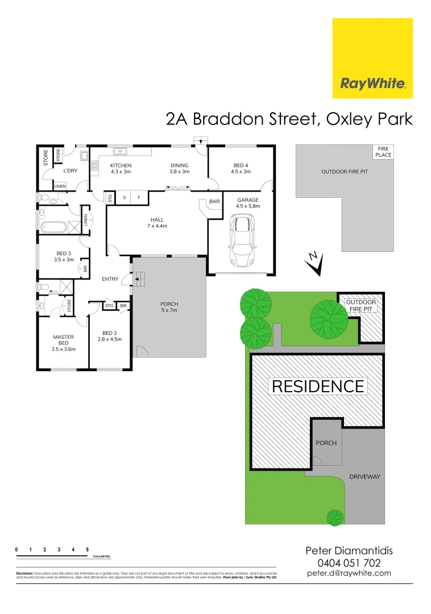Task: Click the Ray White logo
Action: tap(372, 59)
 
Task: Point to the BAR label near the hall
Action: tap(214, 202)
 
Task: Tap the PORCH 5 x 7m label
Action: tap(169, 308)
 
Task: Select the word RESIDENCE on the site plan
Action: tap(318, 387)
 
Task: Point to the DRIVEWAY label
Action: tap(364, 477)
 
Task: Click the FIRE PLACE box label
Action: tap(382, 152)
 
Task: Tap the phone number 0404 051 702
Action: tap(349, 562)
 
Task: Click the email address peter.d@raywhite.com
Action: tap(349, 573)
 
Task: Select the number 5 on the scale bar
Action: tap(87, 549)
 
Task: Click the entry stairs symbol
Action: tap(139, 278)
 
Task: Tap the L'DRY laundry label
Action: tap(70, 171)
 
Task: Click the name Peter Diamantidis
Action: tap(349, 550)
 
